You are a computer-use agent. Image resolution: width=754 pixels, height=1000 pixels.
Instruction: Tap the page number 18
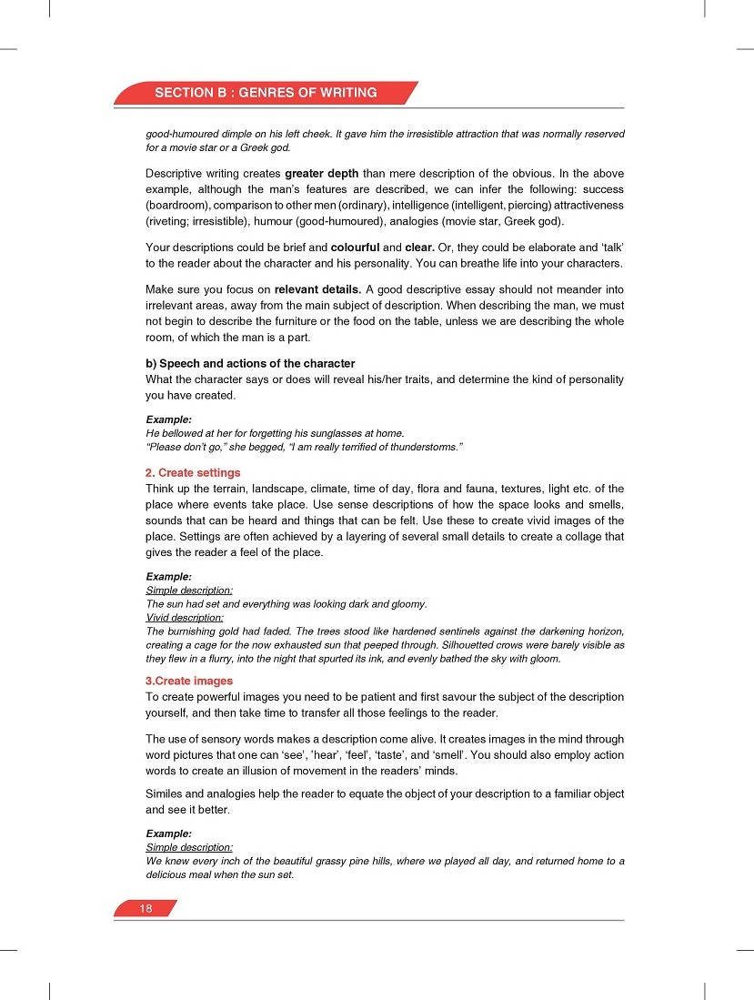[146, 909]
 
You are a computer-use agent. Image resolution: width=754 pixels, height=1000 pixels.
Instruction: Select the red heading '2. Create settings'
[193, 473]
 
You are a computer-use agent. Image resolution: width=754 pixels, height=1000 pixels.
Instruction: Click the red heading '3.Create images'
[189, 681]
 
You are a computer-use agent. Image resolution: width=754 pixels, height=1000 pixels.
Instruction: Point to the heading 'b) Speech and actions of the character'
[250, 364]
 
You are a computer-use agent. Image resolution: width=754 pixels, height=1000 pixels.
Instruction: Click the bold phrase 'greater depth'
[322, 173]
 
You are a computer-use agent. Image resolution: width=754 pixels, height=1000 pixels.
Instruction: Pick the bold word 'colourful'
[355, 247]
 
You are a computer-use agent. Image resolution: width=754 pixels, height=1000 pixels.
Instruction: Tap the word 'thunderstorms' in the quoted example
[422, 447]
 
